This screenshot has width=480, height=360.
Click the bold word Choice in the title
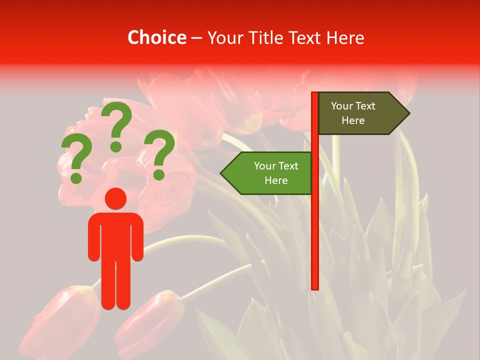point(156,37)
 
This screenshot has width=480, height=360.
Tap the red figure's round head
point(116,198)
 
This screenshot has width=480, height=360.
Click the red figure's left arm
point(93,237)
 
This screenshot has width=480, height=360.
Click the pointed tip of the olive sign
point(407,113)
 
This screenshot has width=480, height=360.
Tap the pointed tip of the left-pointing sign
point(222,173)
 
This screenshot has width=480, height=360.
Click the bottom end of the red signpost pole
point(315,287)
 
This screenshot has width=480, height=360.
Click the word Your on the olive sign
point(342,106)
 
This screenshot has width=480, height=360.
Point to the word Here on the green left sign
point(276,180)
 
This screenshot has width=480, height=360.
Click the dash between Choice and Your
point(196,38)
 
